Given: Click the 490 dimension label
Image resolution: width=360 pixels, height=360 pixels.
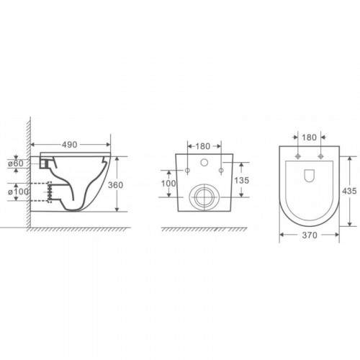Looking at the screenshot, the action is [x=70, y=145].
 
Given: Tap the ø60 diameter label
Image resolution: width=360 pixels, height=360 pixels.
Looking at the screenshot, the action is [x=16, y=163].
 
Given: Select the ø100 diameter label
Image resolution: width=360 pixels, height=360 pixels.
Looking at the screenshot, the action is [x=18, y=192].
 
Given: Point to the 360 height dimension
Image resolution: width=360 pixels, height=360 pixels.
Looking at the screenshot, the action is [x=115, y=185].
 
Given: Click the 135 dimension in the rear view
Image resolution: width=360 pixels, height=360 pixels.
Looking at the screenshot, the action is [x=242, y=180].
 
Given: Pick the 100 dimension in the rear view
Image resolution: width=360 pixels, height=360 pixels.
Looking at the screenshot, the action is [x=168, y=184].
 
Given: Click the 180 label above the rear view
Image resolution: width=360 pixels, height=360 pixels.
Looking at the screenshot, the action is [x=203, y=146].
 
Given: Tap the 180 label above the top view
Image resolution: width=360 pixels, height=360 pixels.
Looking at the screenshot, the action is [x=310, y=138].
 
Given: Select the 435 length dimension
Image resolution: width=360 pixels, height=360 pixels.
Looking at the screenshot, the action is [x=349, y=191].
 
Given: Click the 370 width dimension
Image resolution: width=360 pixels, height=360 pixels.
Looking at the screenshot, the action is [x=310, y=235].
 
